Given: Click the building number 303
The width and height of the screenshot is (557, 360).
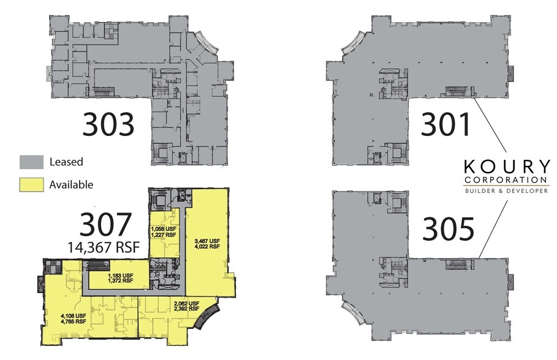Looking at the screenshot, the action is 108,124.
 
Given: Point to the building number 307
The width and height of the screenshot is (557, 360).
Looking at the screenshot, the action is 105,224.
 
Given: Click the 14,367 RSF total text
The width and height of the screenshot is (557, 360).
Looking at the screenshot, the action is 104,247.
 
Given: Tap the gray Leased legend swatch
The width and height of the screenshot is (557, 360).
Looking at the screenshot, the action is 32,162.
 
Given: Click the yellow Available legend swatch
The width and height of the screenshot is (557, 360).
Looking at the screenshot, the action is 32,185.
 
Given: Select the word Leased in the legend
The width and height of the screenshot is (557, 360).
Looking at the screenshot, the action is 66,162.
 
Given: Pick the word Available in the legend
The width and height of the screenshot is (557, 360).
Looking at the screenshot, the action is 71,185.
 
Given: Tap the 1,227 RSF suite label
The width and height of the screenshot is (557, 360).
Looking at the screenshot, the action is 164,234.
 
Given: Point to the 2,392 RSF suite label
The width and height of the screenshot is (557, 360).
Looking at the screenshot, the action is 186,309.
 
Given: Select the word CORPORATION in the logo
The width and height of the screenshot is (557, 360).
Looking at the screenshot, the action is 506,179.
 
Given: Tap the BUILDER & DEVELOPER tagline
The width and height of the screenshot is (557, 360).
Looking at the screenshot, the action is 507,190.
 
